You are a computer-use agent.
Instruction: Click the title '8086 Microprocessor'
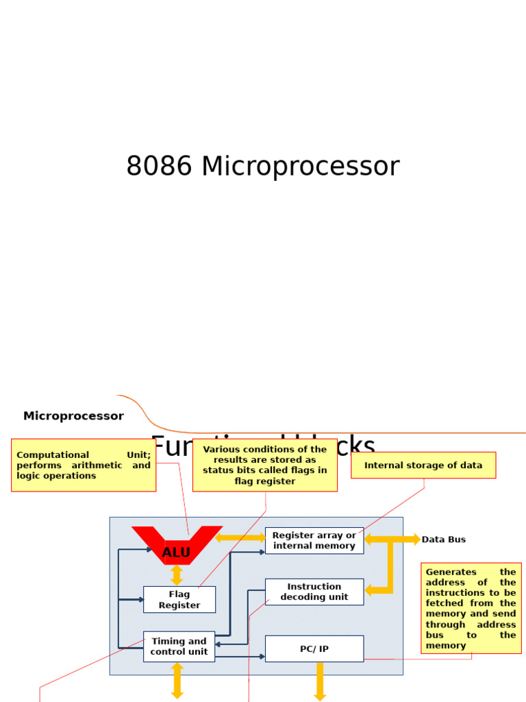262,167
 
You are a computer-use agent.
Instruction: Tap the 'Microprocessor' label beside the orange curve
73,416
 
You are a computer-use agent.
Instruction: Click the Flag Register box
179,600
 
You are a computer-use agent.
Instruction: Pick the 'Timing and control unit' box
179,646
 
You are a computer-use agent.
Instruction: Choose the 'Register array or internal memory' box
314,540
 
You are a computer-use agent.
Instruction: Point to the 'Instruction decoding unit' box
314,592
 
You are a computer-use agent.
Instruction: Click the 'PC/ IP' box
314,649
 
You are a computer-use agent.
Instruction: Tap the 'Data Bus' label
443,540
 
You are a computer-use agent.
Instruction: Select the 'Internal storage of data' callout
423,465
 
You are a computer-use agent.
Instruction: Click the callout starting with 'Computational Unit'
84,465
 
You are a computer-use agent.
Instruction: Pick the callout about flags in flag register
265,465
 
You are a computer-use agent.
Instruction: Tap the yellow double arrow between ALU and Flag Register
177,574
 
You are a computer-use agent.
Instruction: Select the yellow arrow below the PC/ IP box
320,681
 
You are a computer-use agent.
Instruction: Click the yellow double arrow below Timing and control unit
177,680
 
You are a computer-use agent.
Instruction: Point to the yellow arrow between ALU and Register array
240,537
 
